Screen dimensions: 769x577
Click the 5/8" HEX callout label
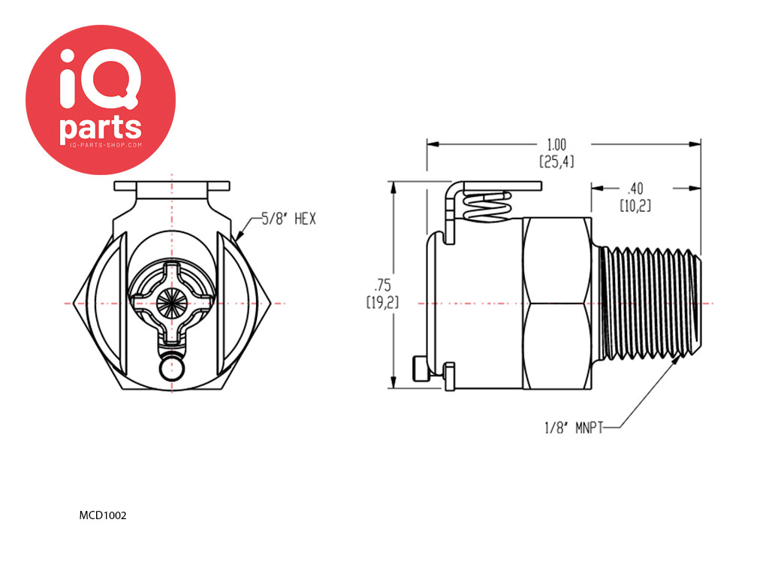tap(289, 219)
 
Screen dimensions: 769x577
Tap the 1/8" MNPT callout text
tap(573, 427)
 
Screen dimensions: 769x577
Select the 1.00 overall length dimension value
tap(556, 145)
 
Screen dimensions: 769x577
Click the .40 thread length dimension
tap(635, 189)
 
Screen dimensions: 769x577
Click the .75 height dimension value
tap(382, 285)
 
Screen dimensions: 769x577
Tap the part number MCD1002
tap(103, 515)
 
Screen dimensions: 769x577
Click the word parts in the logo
tap(101, 128)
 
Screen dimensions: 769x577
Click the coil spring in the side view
tap(487, 205)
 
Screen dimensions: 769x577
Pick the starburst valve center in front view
tap(171, 303)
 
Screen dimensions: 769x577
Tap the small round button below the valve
tap(172, 368)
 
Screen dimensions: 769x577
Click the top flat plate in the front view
tap(172, 186)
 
